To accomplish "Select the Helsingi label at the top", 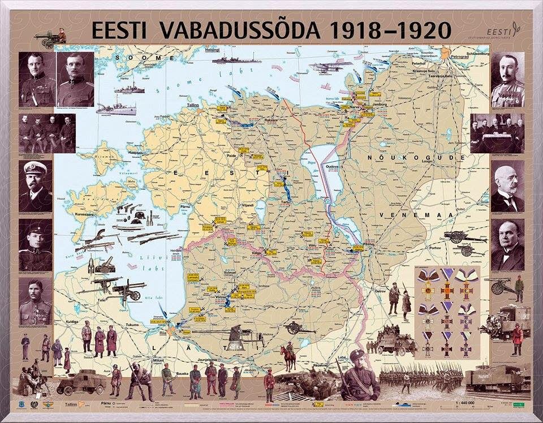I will pyautogui.click(x=212, y=50).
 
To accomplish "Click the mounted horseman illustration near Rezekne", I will pyautogui.click(x=288, y=356).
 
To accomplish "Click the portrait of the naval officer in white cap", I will pyautogui.click(x=35, y=184).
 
